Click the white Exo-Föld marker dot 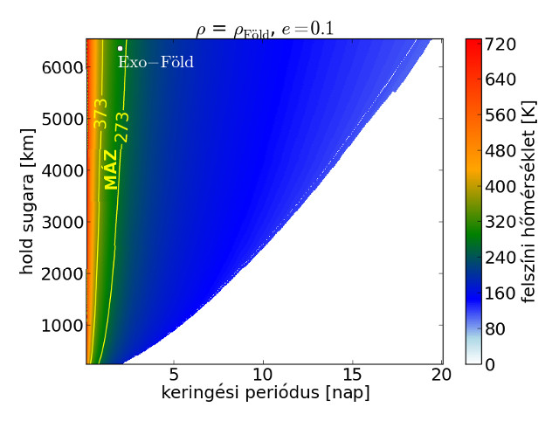120,49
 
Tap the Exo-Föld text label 155,63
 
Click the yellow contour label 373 101,121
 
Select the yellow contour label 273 122,128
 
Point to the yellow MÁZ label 110,169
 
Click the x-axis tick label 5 175,375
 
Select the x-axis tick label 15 353,375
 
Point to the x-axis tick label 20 441,375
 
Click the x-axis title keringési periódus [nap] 265,394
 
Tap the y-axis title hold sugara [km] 26,201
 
